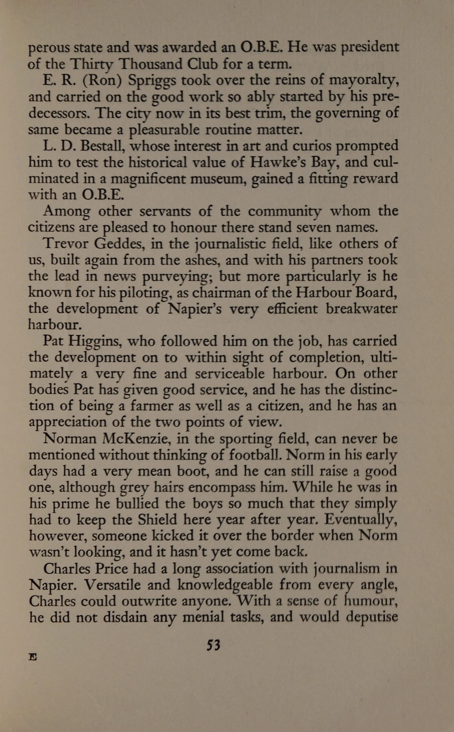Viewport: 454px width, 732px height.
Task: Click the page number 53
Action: [x=213, y=645]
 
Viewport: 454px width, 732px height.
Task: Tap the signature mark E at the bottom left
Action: [x=33, y=657]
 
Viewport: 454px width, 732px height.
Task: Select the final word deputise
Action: [x=371, y=617]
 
